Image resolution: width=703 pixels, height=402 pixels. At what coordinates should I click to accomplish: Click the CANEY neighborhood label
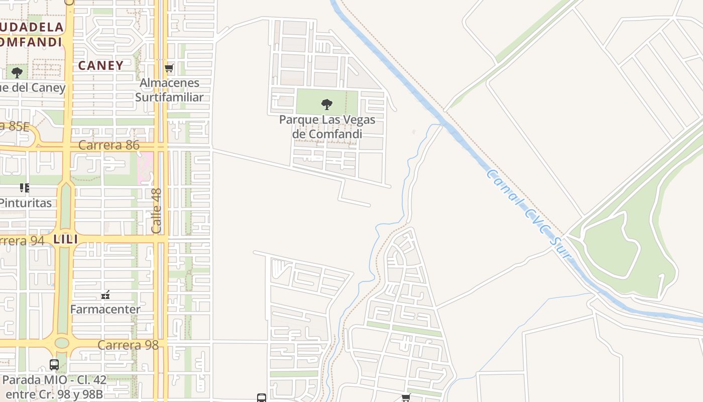pos(101,65)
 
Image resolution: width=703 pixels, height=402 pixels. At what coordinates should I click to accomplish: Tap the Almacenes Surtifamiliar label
pos(169,90)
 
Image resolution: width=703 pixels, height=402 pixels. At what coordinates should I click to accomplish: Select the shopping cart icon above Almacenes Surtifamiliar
pos(169,68)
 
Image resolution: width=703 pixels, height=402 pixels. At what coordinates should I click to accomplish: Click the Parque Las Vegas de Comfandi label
pos(327,127)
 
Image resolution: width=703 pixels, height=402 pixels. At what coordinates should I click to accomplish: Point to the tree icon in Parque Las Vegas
pos(327,105)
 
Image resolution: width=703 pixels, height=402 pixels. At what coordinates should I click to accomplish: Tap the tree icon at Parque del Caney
pos(17,73)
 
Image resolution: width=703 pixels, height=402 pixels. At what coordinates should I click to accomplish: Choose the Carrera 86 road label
pos(108,146)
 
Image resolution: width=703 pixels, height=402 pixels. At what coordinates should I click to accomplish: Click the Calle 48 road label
pos(157,211)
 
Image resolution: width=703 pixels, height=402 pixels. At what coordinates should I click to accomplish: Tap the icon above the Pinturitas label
pos(24,188)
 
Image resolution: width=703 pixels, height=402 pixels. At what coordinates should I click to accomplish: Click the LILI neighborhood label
pos(66,240)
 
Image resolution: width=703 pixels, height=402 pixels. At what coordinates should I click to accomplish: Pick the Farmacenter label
pos(105,309)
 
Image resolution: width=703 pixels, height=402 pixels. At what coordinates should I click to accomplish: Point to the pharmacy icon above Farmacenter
pos(105,295)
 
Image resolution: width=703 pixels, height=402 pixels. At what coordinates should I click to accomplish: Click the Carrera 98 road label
pos(128,345)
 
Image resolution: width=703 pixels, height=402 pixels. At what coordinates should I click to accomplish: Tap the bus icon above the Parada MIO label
pos(54,365)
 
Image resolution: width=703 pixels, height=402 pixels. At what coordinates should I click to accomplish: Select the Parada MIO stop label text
pos(54,386)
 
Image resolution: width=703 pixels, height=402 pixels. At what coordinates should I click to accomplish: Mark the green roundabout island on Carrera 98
pos(62,343)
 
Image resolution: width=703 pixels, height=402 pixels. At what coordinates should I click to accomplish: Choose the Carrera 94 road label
pos(23,241)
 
